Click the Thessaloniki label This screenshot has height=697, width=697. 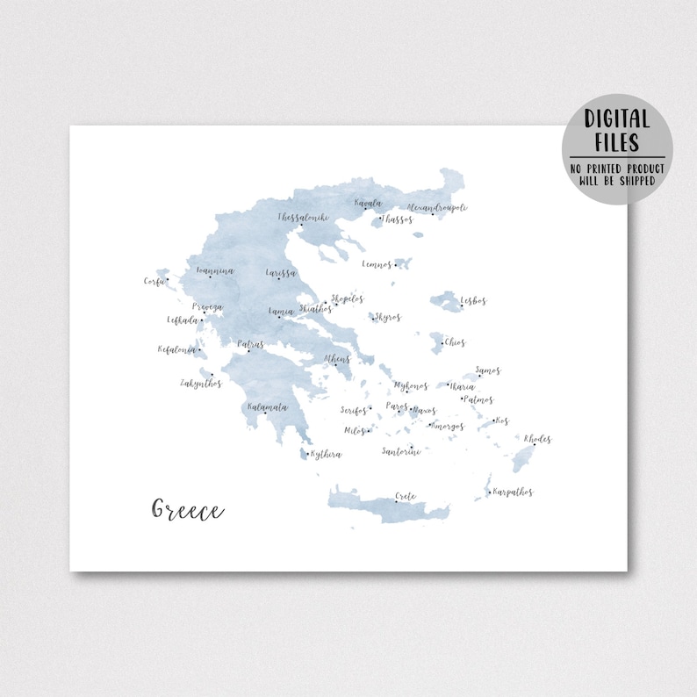(x=303, y=216)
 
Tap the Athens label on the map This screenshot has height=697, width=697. (x=337, y=359)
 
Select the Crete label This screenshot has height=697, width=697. (x=406, y=496)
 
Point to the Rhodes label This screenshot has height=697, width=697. (x=537, y=438)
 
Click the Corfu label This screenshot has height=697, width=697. (x=154, y=281)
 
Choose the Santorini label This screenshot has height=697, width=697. (x=401, y=451)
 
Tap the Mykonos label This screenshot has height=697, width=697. (x=411, y=385)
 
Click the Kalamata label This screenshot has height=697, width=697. (x=267, y=407)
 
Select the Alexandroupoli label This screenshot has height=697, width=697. (x=437, y=208)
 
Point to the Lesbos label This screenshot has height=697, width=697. (x=473, y=301)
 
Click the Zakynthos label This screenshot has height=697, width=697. (x=201, y=383)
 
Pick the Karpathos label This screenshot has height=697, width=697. (x=514, y=492)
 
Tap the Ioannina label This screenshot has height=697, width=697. (x=215, y=271)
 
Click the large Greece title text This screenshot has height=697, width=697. (x=188, y=510)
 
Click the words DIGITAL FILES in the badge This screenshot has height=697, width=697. (x=616, y=131)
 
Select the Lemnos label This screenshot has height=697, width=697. (x=377, y=263)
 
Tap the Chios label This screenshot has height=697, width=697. (x=455, y=342)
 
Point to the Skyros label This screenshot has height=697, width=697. (x=387, y=317)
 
